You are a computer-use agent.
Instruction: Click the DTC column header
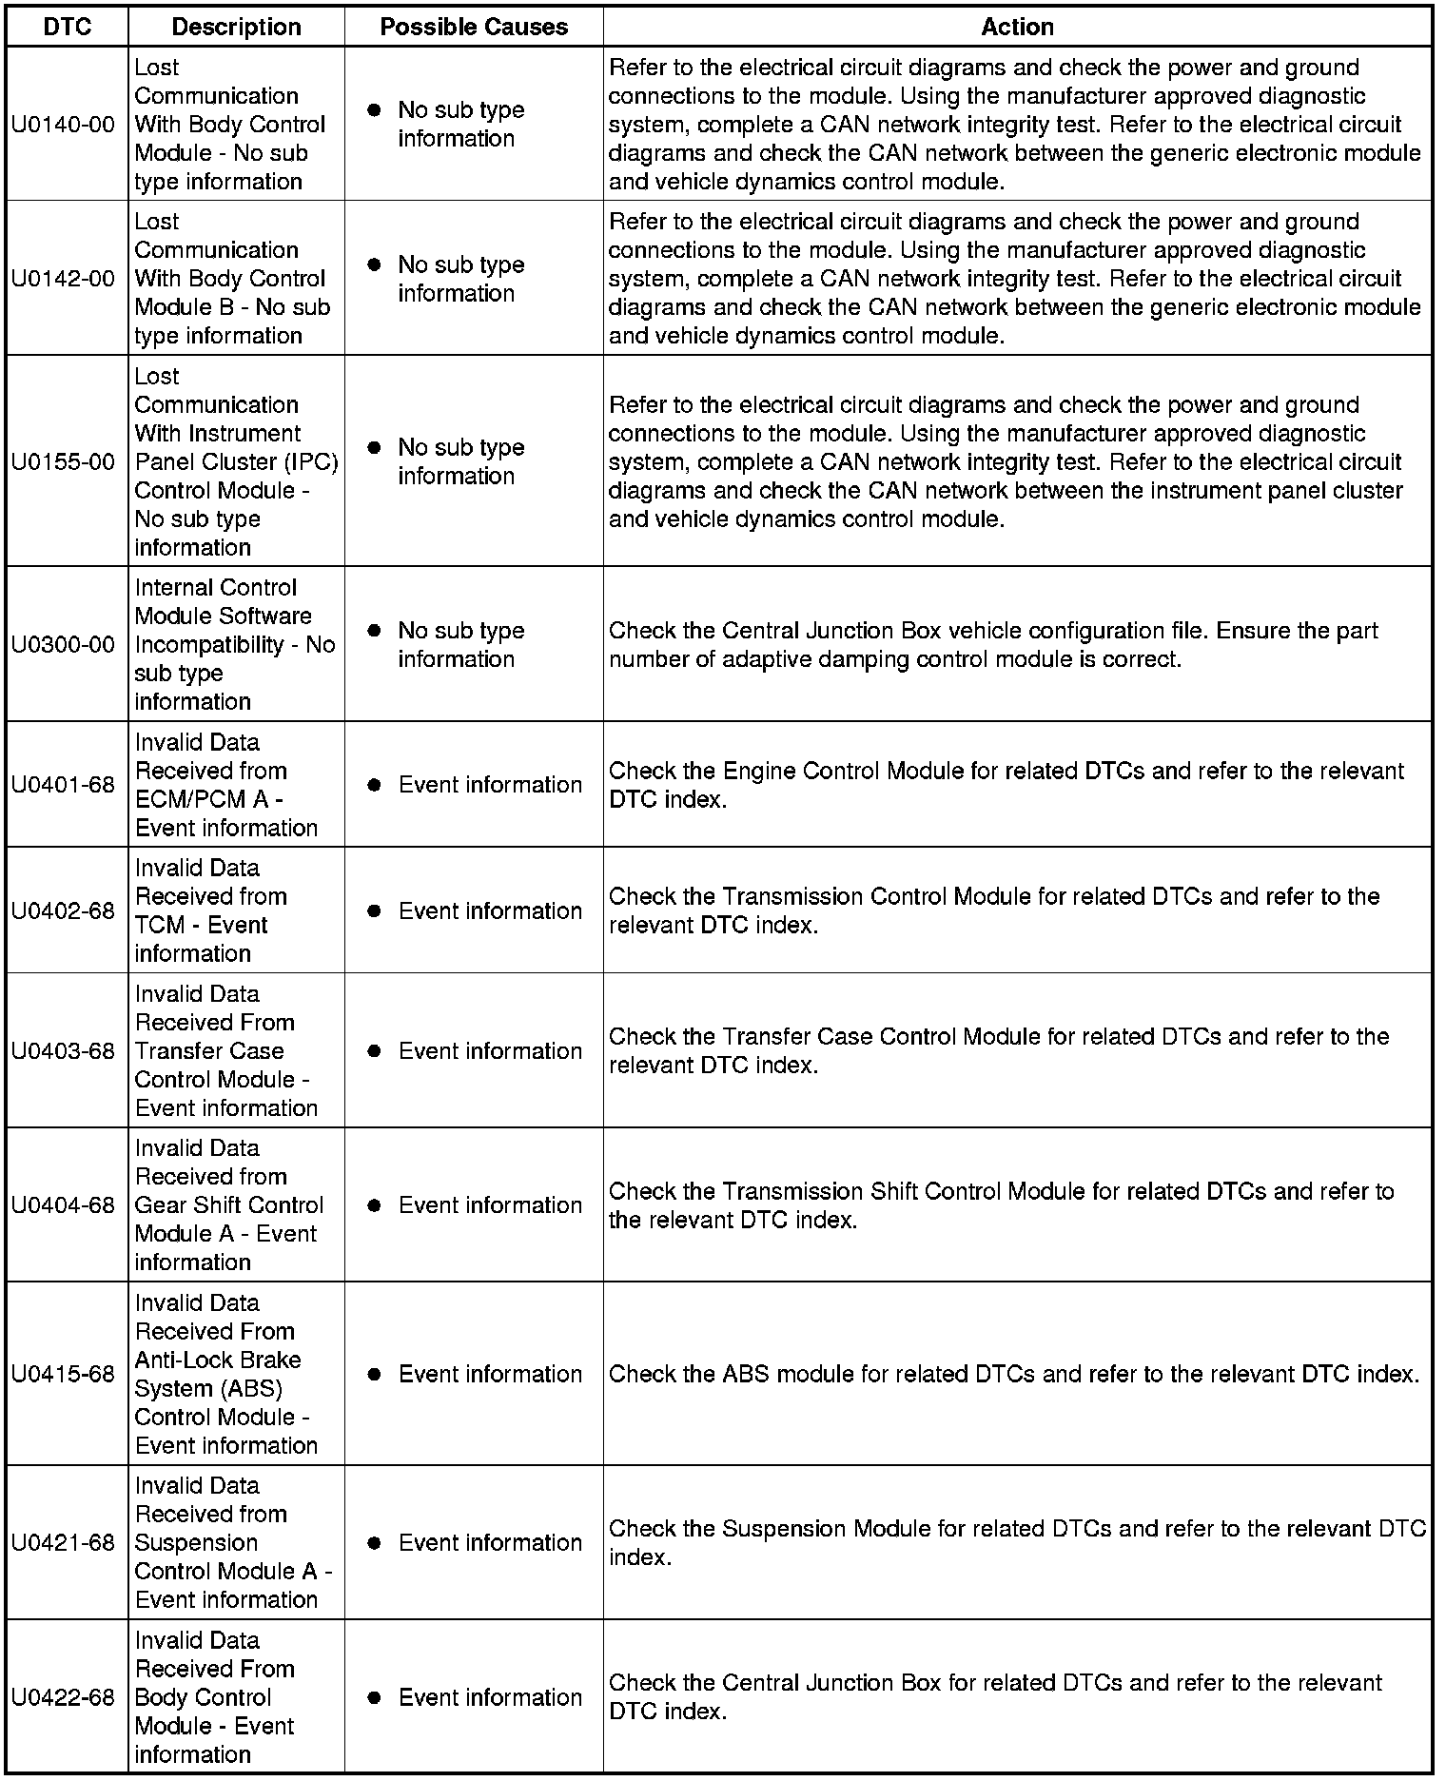(68, 28)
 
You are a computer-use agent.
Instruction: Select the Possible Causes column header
(474, 28)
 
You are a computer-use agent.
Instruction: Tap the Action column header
(1017, 28)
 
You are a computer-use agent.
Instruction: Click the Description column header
(236, 28)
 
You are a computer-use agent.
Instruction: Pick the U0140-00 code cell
(63, 125)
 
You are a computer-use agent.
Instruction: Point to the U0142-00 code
(63, 279)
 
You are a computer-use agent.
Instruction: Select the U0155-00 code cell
(63, 462)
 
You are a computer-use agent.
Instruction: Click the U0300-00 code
(63, 645)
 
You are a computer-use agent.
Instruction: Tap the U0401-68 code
(63, 785)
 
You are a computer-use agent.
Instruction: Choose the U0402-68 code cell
(63, 910)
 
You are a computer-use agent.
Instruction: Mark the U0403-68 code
(63, 1051)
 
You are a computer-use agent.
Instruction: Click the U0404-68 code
(63, 1205)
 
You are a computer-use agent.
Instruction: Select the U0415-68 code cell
(63, 1375)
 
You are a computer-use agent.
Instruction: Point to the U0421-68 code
(63, 1543)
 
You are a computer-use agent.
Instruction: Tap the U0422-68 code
(63, 1698)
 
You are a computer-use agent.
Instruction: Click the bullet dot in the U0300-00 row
(375, 631)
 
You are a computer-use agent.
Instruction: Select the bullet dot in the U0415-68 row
(375, 1375)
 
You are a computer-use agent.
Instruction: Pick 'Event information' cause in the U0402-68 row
(490, 910)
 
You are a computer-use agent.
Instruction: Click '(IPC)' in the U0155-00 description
(310, 462)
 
